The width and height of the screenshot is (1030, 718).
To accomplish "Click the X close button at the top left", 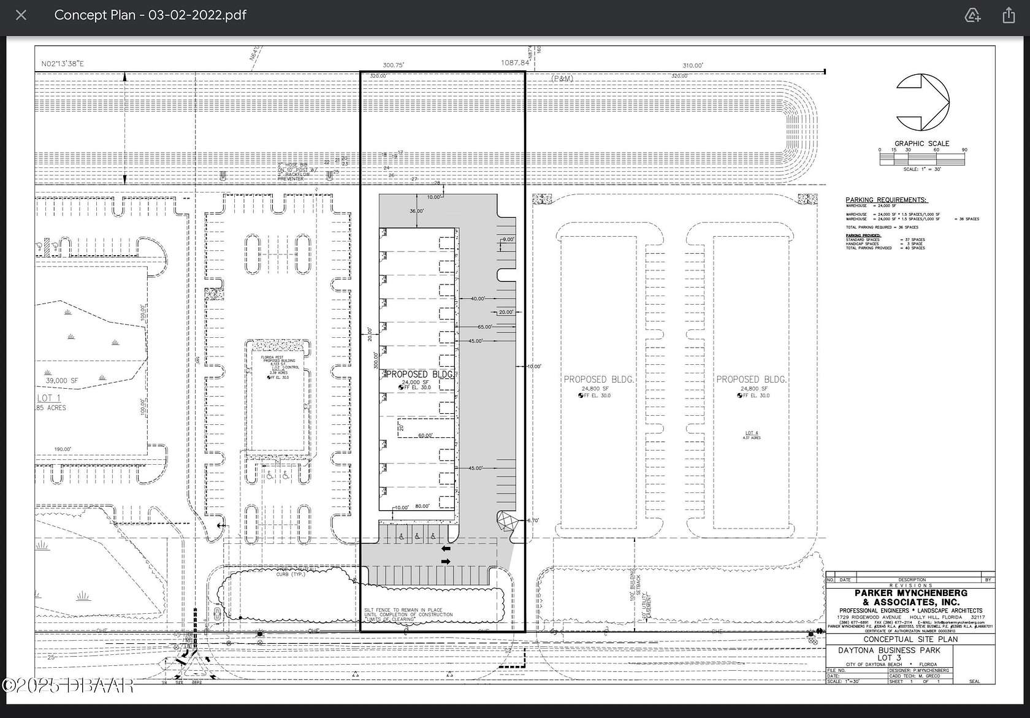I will [x=21, y=15].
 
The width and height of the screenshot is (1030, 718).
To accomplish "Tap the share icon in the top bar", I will [x=1009, y=15].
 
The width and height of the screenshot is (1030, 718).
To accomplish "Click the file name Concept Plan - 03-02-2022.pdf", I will [x=150, y=15].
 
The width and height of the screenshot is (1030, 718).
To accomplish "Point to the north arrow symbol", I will [x=922, y=102].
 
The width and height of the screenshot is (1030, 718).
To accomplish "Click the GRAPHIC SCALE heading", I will [x=921, y=143].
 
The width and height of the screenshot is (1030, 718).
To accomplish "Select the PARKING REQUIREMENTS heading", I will [x=886, y=200].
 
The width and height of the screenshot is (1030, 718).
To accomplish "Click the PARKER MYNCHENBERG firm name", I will [x=910, y=593].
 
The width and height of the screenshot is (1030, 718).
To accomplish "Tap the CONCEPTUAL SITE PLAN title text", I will [x=910, y=639].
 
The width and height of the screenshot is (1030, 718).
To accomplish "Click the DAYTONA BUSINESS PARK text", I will [x=889, y=650].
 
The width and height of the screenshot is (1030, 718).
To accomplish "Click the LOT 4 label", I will [x=752, y=433].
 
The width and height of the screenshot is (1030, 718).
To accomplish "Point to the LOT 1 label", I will [x=48, y=398].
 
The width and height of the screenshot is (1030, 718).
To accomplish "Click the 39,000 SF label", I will [x=62, y=380].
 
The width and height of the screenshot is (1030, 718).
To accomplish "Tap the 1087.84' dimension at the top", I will [x=515, y=63].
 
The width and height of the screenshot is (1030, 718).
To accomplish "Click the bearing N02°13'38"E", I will [x=63, y=64].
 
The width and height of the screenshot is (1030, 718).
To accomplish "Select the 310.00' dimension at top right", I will [x=693, y=65].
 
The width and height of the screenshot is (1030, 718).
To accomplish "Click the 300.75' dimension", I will [x=393, y=65].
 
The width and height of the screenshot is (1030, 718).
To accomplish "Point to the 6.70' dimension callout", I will [x=533, y=521].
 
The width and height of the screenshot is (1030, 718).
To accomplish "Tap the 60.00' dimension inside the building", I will [x=425, y=435].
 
